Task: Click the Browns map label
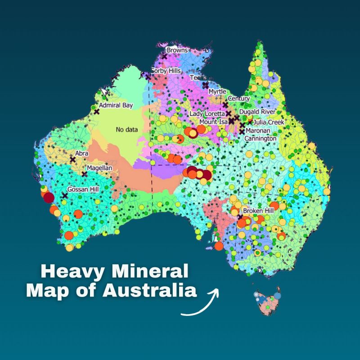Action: tap(177, 50)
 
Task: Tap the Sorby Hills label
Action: tap(165, 71)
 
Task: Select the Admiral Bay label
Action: tap(116, 105)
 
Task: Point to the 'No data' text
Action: tap(126, 130)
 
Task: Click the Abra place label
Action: tap(82, 153)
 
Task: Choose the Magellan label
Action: tap(99, 168)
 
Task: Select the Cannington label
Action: tap(260, 139)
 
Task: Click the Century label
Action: tap(239, 99)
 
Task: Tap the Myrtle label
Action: tap(217, 92)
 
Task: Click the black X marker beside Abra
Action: tap(72, 159)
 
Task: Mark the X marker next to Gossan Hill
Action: tap(65, 196)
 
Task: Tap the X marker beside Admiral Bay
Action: tap(96, 111)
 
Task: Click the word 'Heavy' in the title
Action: tap(68, 271)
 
